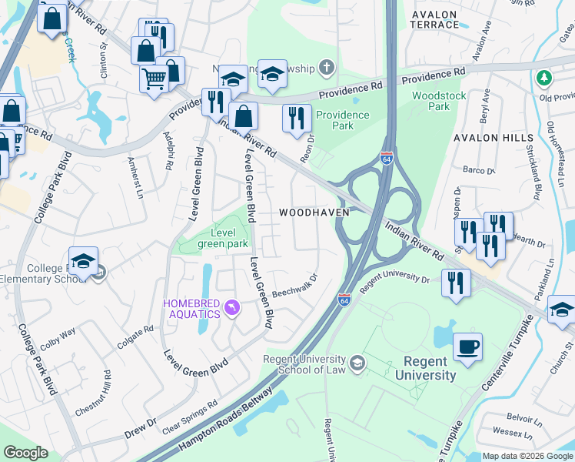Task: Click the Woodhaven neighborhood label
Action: [x=314, y=212]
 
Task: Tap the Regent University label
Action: [x=425, y=368]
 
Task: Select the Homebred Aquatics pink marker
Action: [x=231, y=310]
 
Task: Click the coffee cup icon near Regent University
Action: [x=467, y=346]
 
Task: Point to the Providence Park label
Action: [x=342, y=119]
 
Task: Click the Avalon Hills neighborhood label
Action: [x=493, y=137]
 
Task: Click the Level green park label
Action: [x=223, y=238]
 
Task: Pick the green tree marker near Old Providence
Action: [x=544, y=78]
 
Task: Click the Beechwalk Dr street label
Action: [x=295, y=284]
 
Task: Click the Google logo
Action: [x=25, y=453]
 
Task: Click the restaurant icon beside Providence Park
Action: [x=297, y=118]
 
